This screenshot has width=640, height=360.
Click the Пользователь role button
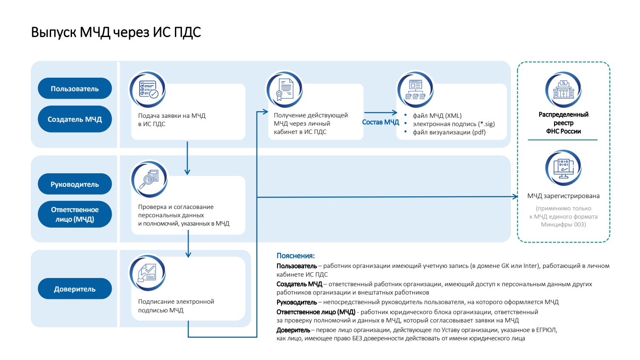75,89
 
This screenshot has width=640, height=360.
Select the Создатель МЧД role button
75,119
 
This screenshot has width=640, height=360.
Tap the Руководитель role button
75,184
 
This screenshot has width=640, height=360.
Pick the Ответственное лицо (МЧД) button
75,214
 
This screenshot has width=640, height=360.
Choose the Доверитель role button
75,289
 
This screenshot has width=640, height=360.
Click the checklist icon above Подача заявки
148,89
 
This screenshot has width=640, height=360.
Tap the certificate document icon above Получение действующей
285,89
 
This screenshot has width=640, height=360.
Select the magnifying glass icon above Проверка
149,179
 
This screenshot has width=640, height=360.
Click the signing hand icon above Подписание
147,273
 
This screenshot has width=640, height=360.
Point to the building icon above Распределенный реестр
563,89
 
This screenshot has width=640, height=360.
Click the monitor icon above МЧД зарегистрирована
563,168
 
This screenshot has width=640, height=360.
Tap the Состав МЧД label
380,122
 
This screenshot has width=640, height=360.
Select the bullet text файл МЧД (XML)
437,116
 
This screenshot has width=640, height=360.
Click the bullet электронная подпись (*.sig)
454,124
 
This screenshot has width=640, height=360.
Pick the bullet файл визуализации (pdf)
449,132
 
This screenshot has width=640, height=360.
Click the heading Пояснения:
295,256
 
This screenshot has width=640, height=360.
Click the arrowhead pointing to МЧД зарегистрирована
515,197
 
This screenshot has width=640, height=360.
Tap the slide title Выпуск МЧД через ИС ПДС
116,32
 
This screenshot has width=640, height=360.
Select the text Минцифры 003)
563,224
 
